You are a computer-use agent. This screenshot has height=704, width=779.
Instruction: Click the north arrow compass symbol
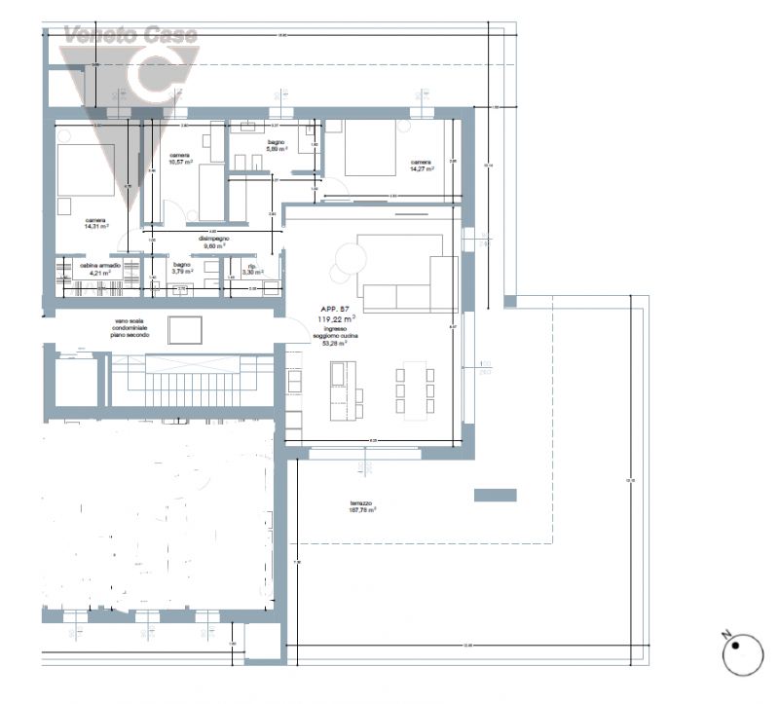click(743, 654)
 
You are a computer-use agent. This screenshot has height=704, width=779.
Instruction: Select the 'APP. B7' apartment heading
click(334, 308)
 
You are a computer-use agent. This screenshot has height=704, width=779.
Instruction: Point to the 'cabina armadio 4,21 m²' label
click(100, 270)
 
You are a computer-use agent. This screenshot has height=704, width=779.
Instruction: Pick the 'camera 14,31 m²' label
click(95, 223)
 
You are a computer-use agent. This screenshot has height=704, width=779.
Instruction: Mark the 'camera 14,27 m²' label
click(421, 166)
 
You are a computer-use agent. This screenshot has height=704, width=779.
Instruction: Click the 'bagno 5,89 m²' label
click(277, 147)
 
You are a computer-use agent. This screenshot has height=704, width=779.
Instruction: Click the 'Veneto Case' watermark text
click(130, 36)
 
